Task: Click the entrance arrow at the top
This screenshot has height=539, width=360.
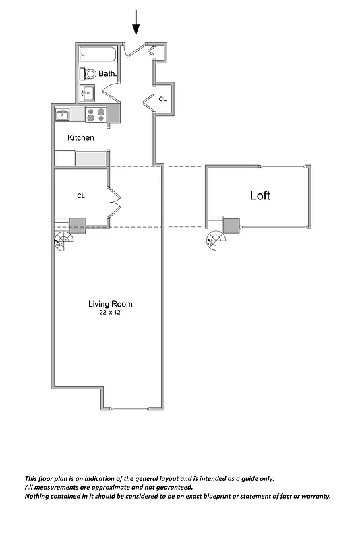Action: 136,22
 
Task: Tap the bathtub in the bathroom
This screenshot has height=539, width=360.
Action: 98,54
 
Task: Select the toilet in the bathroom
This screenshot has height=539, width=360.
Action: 88,73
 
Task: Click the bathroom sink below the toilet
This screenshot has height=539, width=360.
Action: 88,92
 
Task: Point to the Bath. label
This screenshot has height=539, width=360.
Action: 108,73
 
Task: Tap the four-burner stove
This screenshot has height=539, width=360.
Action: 96,115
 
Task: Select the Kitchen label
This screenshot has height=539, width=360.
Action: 81,138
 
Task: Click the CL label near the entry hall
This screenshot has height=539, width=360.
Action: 162,99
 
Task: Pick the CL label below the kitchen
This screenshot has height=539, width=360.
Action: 81,196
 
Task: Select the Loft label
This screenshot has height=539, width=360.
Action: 260,196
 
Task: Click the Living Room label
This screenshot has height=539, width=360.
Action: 109,304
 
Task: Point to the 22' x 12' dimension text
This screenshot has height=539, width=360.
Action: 109,313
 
